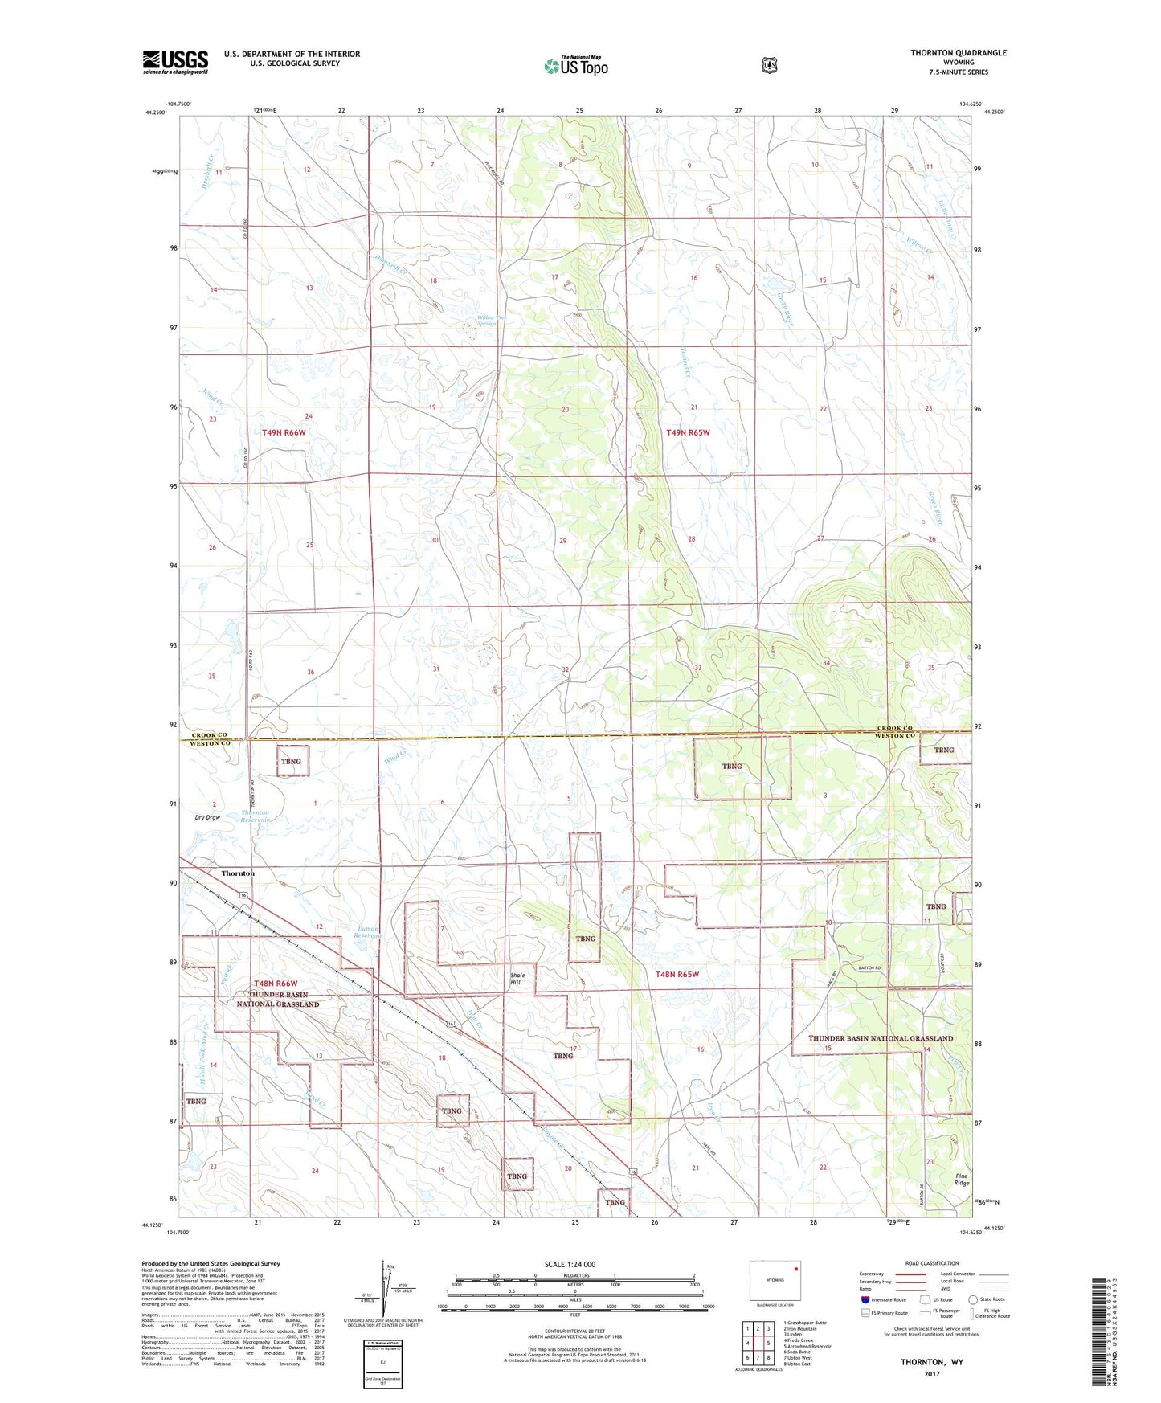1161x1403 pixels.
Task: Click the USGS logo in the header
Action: pyautogui.click(x=175, y=62)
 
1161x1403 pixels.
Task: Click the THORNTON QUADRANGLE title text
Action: pyautogui.click(x=958, y=53)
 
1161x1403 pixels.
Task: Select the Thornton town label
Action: pyautogui.click(x=238, y=873)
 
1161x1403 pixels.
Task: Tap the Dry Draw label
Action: pyautogui.click(x=207, y=817)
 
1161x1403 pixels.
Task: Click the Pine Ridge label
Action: pyautogui.click(x=962, y=1179)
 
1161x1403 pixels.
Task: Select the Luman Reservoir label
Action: pyautogui.click(x=369, y=933)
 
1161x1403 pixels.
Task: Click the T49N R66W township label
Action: pyautogui.click(x=284, y=432)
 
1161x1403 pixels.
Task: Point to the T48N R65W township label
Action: pyautogui.click(x=677, y=974)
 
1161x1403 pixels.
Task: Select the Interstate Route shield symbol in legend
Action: pyautogui.click(x=865, y=1299)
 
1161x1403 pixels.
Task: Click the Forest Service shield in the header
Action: pyautogui.click(x=770, y=65)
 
